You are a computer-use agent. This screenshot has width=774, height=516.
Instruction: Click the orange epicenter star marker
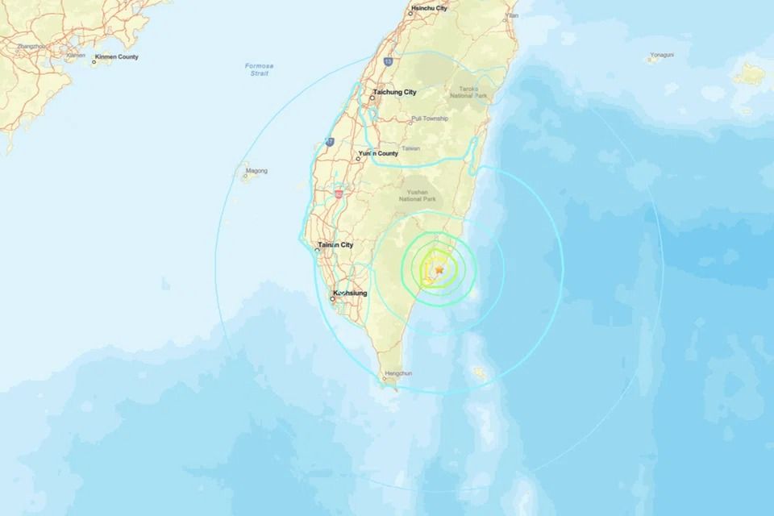click(x=439, y=271)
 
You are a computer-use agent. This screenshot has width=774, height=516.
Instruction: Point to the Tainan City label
click(x=336, y=244)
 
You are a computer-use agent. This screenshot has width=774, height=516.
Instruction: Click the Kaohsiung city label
click(x=349, y=293)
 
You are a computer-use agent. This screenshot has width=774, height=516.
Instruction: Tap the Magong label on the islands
click(x=257, y=171)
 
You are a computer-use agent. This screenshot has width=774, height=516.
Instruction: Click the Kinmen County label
click(x=116, y=57)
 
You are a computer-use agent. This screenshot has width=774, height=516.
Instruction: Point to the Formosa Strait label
click(x=259, y=69)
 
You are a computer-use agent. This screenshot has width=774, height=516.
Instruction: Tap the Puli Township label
click(x=429, y=119)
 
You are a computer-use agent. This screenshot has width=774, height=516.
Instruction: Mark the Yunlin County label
click(x=378, y=153)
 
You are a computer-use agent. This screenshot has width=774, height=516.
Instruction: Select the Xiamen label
click(x=76, y=56)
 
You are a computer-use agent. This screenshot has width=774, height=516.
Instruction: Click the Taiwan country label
click(x=411, y=148)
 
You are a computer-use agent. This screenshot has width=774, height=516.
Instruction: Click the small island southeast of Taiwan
click(x=481, y=372)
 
